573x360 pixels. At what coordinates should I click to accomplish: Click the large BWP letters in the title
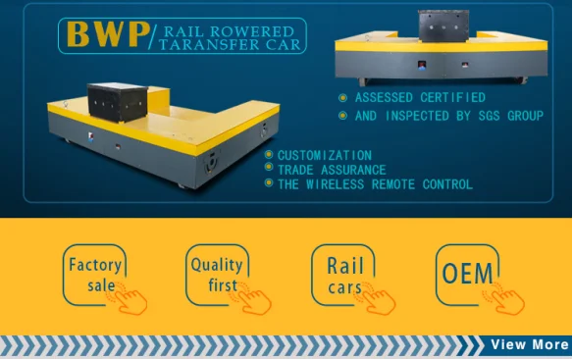pos(102,35)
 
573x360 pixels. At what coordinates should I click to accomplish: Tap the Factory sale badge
pos(94,275)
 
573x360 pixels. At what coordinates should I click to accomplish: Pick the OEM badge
pos(468,274)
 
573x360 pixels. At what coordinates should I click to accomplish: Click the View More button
pos(529,344)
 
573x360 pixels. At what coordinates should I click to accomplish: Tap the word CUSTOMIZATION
pos(324,155)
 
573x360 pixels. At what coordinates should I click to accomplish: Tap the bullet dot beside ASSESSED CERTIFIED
pos(342,98)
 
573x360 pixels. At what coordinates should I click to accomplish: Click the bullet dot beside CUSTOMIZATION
pos(269,155)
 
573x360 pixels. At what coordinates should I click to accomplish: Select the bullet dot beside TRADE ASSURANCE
pos(269,169)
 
